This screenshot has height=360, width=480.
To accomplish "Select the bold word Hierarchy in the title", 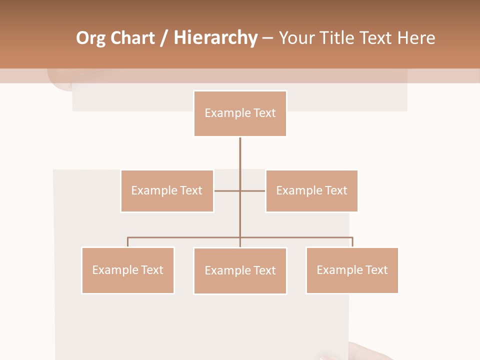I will [x=215, y=38].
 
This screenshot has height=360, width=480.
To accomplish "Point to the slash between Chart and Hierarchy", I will [x=164, y=38].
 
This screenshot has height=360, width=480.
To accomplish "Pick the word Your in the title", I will [x=296, y=38].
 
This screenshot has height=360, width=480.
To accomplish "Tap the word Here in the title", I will [x=415, y=38].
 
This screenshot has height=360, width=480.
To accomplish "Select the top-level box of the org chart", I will [x=240, y=113].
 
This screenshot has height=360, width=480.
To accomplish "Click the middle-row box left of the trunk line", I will [x=167, y=191].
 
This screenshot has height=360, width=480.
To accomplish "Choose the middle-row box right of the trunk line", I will [x=311, y=191].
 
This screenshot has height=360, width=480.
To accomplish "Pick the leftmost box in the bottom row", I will [x=128, y=270].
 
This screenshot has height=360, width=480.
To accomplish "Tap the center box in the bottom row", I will [x=240, y=271].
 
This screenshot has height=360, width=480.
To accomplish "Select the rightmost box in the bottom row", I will [x=352, y=270].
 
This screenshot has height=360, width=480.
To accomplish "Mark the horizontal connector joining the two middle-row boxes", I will [x=227, y=191].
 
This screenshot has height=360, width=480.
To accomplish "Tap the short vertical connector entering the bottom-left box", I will [x=128, y=242].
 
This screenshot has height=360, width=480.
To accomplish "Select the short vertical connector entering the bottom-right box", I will [x=352, y=242].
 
